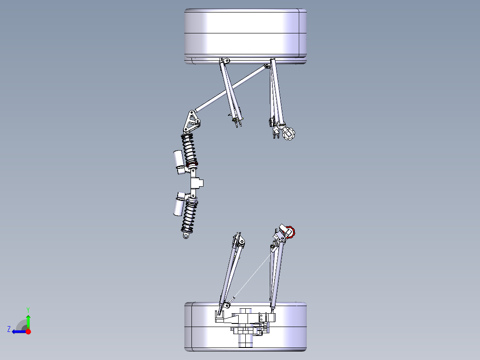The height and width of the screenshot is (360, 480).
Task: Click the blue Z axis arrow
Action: (x=18, y=331)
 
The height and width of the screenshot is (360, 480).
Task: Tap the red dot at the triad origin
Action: (x=28, y=331)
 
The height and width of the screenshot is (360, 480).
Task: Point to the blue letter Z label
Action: (x=9, y=329)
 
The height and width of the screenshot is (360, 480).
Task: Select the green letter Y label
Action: (x=28, y=309)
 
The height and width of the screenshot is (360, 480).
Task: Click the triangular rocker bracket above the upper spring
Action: (x=192, y=122)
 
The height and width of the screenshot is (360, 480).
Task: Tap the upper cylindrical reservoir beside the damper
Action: (x=178, y=158)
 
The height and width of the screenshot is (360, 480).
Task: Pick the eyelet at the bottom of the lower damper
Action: (x=186, y=236)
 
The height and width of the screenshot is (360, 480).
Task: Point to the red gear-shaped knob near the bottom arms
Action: (x=290, y=232)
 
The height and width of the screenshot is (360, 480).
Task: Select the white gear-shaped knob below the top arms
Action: (x=290, y=134)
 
